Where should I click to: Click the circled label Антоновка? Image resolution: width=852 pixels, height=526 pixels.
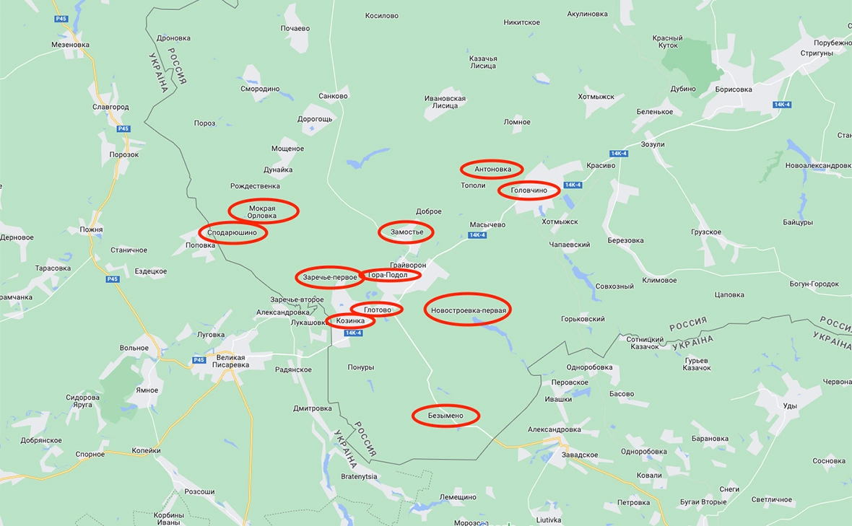491,170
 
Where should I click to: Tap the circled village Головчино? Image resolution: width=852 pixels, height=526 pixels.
529,190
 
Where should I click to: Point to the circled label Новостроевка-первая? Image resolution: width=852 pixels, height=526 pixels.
467,310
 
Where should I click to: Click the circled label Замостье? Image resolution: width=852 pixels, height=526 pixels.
407,232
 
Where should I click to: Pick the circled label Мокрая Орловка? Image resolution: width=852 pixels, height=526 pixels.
263,211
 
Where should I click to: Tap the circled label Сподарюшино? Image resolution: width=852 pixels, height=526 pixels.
232,232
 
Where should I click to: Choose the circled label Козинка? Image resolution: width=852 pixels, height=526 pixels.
350,320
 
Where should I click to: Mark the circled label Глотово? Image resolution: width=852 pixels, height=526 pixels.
377,310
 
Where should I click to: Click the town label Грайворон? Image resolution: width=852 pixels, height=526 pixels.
408,264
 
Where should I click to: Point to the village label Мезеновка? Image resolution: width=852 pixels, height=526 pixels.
70,44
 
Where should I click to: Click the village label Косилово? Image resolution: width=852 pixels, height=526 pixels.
381,15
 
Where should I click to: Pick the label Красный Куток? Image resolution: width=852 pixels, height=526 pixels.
667,42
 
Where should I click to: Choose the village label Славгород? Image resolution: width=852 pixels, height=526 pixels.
110,107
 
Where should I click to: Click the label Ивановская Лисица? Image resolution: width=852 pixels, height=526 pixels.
445,102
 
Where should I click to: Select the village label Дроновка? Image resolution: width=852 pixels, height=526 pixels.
173,38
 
